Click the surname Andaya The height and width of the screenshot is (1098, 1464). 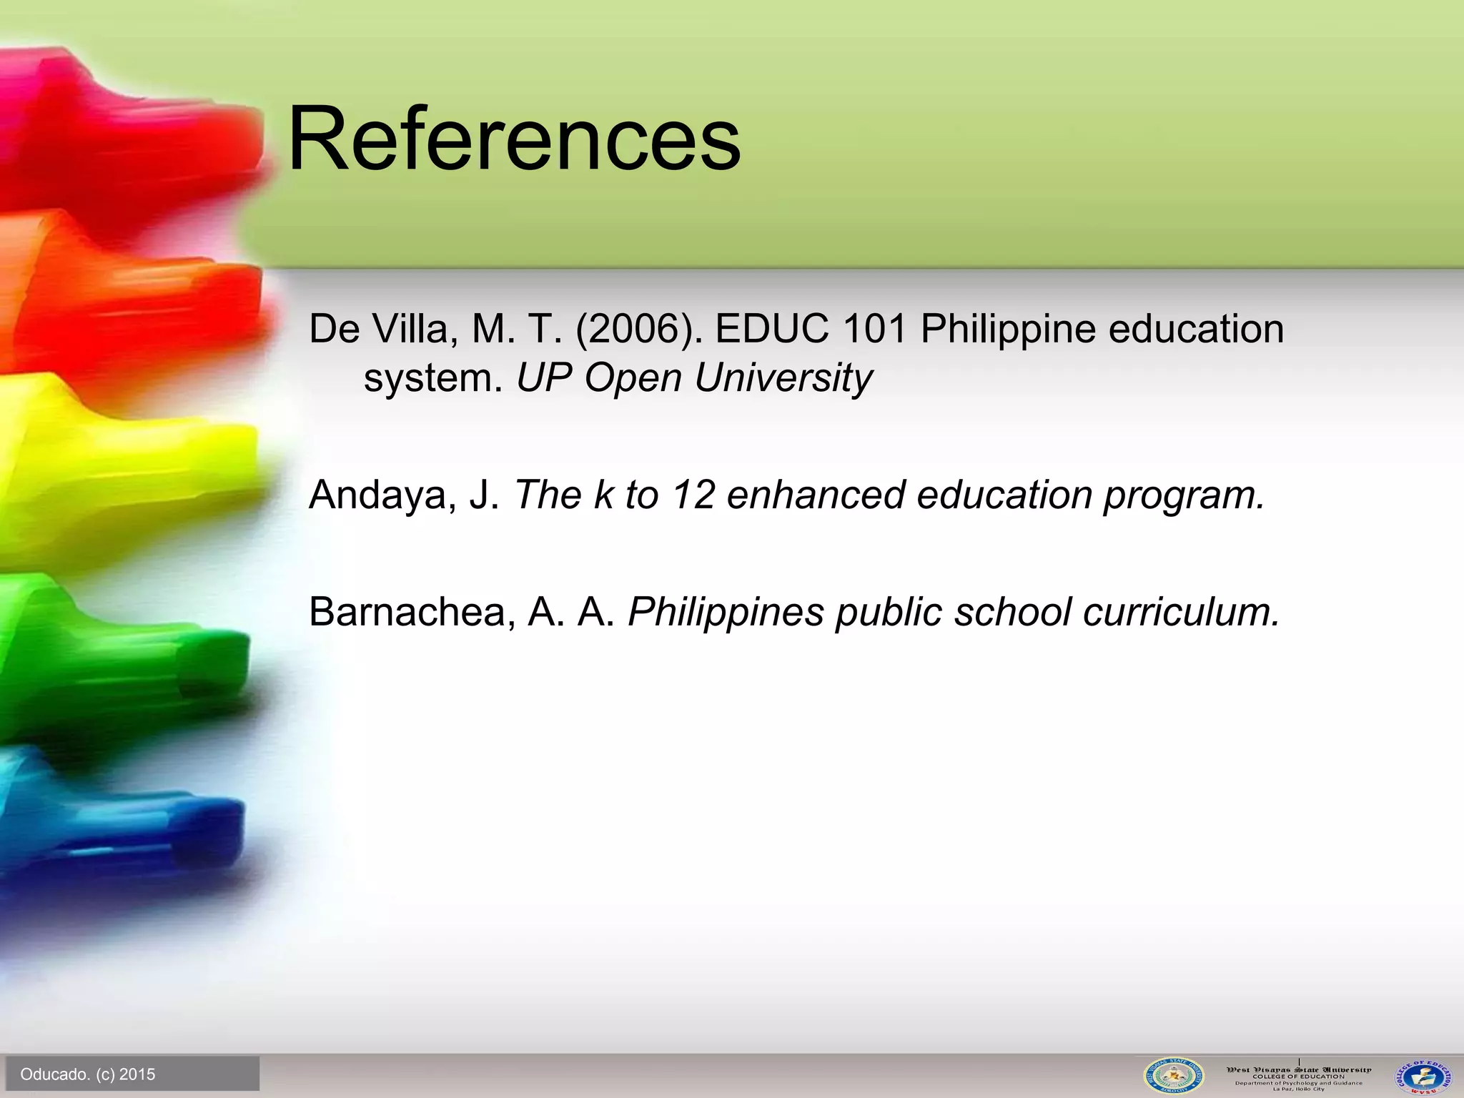point(382,495)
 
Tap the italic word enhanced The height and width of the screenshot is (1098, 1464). point(815,495)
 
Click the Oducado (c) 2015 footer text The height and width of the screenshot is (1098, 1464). point(88,1074)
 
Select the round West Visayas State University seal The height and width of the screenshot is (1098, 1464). point(1173,1074)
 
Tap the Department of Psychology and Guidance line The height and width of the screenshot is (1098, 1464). point(1298,1082)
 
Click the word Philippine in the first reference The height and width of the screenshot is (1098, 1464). point(1008,330)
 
